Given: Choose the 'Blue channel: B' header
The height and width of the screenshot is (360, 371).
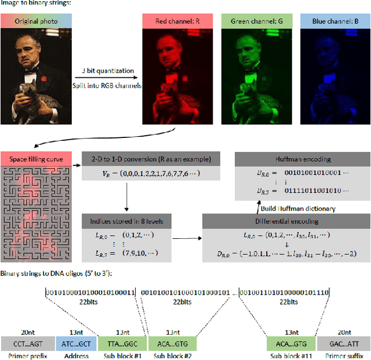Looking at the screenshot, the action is [x=333, y=21].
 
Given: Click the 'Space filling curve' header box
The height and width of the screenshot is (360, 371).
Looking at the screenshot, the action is [x=35, y=158].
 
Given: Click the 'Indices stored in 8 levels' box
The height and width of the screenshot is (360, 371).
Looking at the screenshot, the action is [x=126, y=221].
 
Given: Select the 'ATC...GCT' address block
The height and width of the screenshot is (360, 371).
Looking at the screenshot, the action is [x=76, y=343].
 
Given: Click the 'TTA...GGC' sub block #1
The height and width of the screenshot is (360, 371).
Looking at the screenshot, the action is [x=119, y=343].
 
